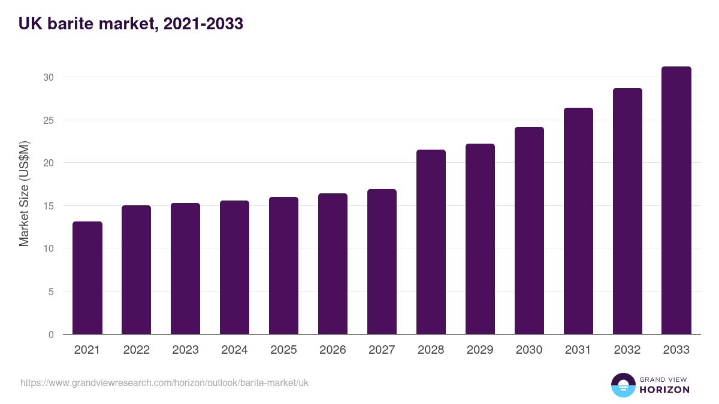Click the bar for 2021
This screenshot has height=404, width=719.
(87, 278)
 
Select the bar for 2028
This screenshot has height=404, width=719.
(431, 242)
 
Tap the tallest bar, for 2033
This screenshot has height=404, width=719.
(676, 201)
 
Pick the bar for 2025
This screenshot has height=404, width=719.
(284, 266)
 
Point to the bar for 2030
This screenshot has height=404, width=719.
(530, 231)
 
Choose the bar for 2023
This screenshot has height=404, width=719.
(186, 269)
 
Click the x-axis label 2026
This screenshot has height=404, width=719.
(333, 350)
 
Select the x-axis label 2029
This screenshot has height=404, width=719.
(481, 350)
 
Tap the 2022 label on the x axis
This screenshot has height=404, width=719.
(137, 350)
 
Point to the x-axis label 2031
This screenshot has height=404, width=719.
(579, 350)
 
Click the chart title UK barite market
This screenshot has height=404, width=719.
(131, 24)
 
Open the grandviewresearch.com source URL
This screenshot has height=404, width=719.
(164, 382)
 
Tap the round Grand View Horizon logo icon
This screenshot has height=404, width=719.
(623, 385)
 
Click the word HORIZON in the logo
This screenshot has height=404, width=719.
(664, 390)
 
